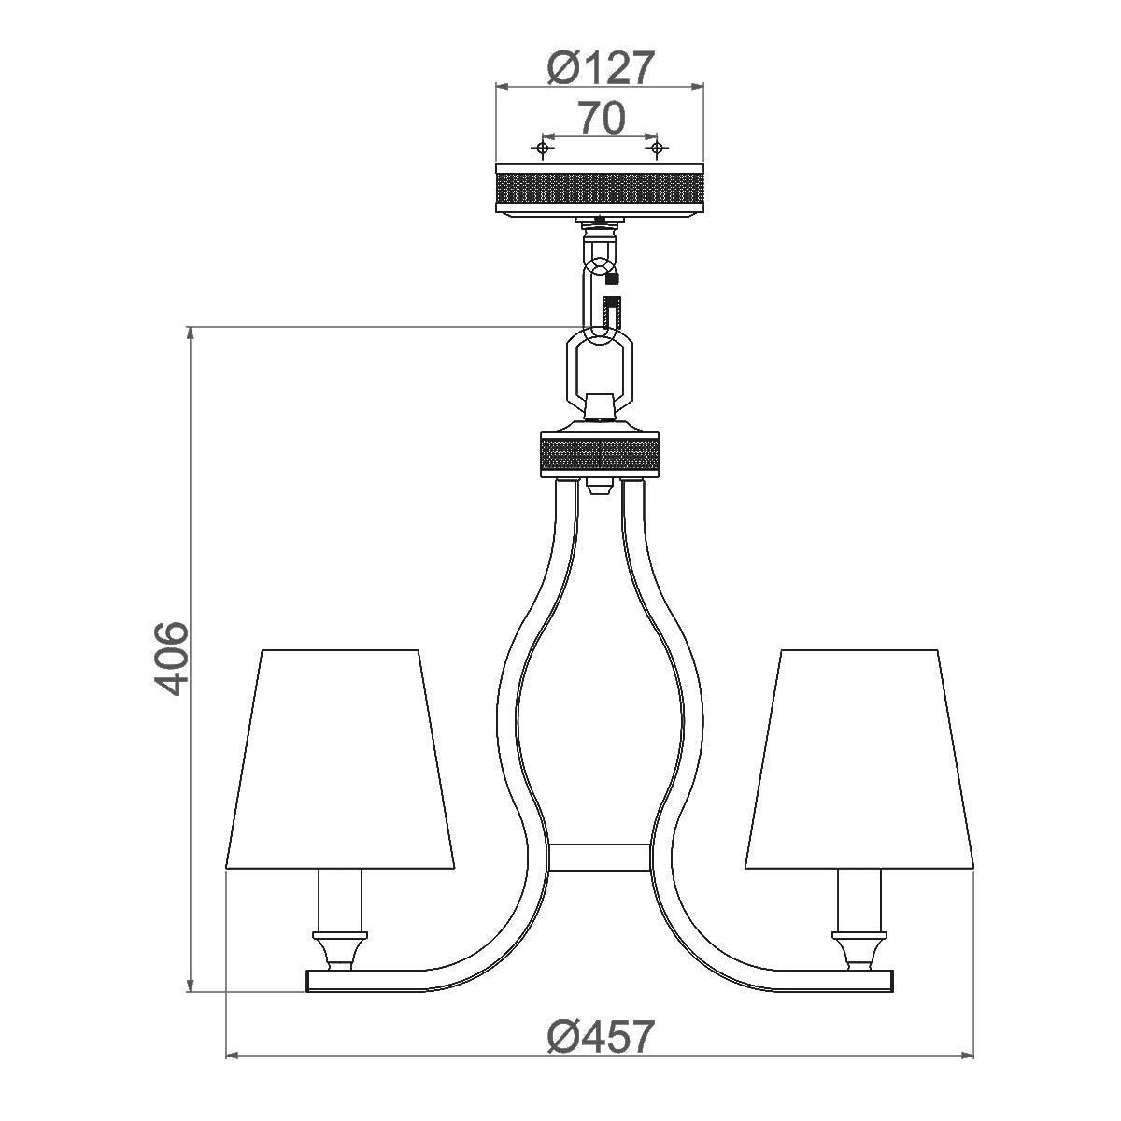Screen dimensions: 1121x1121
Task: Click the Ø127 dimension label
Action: tap(598, 67)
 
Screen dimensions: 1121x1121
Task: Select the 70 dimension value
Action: tap(600, 119)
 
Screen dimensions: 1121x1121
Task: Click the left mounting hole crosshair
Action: tap(541, 149)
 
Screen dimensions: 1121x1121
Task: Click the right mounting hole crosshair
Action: tap(657, 149)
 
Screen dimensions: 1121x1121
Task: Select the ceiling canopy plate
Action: tap(599, 190)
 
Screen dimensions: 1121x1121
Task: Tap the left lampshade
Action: tap(339, 757)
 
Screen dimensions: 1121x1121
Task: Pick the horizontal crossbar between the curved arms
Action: tap(599, 858)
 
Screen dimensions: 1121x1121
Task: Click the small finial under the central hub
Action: tap(599, 486)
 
